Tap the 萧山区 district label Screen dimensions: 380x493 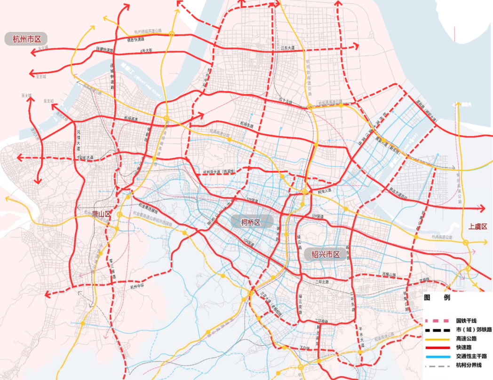(101, 214)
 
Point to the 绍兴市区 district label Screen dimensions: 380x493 (326, 255)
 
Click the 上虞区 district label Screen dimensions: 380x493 (477, 227)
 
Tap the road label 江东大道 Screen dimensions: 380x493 (287, 48)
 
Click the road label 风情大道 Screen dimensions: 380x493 (79, 140)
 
